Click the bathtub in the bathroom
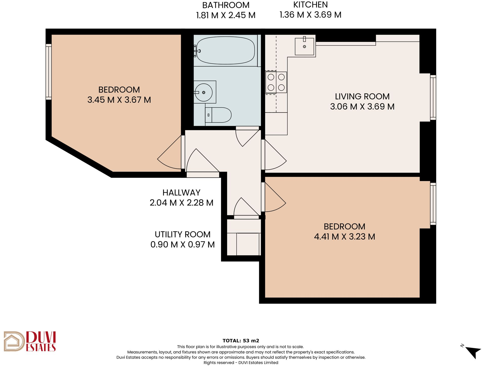click(226, 50)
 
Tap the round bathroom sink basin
click(204, 92)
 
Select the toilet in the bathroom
click(218, 115)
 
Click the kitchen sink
click(304, 46)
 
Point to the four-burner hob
click(276, 82)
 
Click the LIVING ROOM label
click(362, 97)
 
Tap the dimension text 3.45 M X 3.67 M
click(119, 100)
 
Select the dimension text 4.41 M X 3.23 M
click(345, 237)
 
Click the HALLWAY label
click(182, 193)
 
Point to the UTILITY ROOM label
click(183, 234)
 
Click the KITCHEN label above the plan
click(310, 5)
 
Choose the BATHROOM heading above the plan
click(226, 5)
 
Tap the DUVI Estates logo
click(30, 341)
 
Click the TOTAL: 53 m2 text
click(241, 341)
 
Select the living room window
click(433, 98)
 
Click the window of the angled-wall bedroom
click(49, 72)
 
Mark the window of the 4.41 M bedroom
click(433, 204)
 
